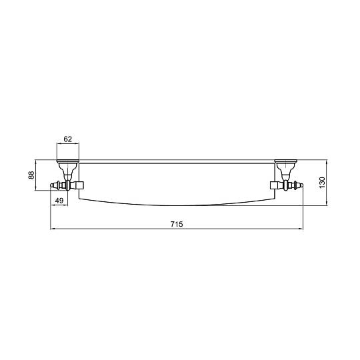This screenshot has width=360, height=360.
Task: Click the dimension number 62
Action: click(68, 139)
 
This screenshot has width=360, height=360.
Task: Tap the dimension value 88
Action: click(31, 175)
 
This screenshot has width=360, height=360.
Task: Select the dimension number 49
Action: click(59, 201)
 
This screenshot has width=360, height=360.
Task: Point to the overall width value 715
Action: click(177, 224)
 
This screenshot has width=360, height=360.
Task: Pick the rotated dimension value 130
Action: click(323, 183)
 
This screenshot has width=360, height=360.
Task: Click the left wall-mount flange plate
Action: click(68, 161)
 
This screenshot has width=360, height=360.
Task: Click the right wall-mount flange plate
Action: click(286, 161)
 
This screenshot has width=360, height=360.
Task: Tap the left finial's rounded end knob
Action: click(52, 185)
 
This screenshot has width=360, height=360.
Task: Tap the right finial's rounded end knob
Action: click(301, 185)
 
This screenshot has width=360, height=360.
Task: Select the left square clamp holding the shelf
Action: click(80, 185)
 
